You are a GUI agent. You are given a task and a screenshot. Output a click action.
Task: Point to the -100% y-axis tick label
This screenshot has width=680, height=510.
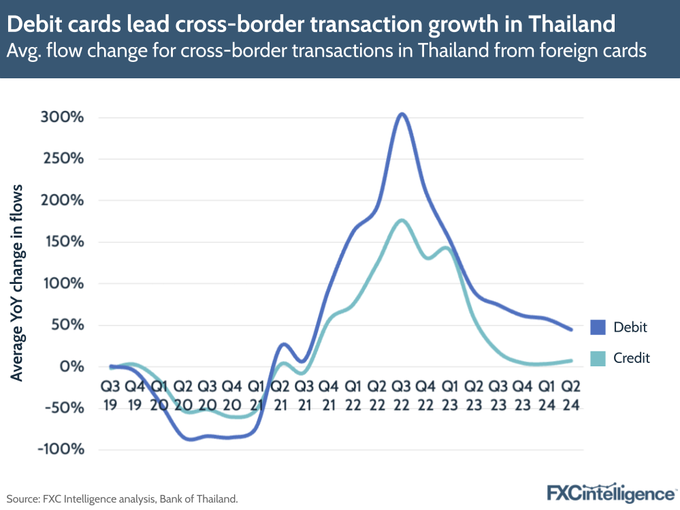coord(63,449)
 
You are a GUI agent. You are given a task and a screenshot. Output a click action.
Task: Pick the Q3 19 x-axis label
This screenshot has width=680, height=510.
coord(110,395)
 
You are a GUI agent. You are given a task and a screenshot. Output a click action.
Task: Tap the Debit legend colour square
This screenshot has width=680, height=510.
coord(597,327)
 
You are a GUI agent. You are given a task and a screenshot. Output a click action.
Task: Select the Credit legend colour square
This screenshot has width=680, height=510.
coord(597,357)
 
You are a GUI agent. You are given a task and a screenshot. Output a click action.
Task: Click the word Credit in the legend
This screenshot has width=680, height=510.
coord(632,357)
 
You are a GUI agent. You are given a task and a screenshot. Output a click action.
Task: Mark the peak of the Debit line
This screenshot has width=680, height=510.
coord(402,114)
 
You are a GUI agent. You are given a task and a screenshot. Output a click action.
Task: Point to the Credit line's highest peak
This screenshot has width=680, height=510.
coord(402,220)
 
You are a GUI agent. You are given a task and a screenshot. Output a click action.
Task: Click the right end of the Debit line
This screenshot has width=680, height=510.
coord(570,330)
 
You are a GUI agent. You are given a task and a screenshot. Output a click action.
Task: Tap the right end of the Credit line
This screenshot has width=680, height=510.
coord(570,360)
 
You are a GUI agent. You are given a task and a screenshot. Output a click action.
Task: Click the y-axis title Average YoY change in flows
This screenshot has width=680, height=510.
coord(17,283)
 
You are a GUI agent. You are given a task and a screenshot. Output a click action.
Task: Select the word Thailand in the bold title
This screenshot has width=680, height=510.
coord(571,25)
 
